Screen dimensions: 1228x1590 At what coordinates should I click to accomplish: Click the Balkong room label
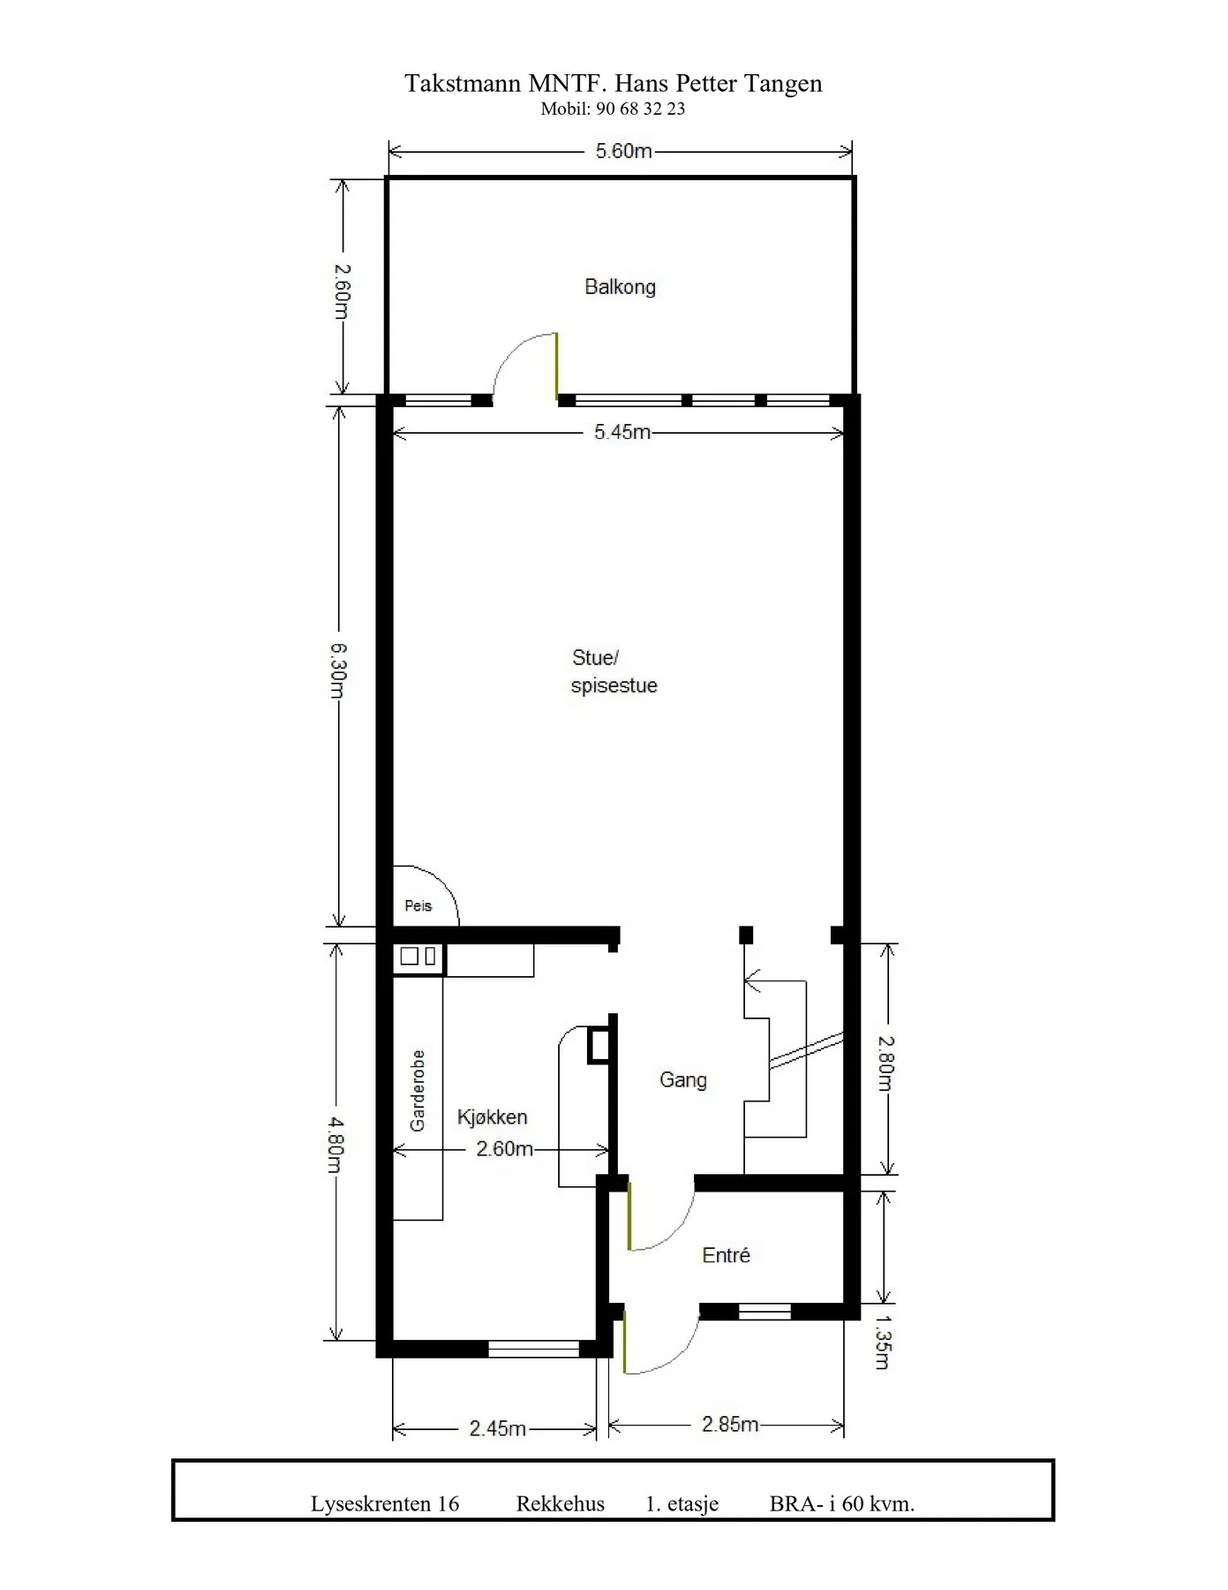click(x=620, y=287)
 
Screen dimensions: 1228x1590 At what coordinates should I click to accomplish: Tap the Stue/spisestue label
click(x=614, y=671)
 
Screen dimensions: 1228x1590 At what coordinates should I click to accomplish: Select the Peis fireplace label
click(x=418, y=905)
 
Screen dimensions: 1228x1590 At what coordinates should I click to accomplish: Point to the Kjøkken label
click(x=492, y=1117)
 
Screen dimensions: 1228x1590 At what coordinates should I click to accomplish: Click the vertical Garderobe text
click(x=418, y=1091)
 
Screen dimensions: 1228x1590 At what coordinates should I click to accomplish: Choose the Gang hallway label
click(x=683, y=1080)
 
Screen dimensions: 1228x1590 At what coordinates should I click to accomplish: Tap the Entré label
click(x=726, y=1255)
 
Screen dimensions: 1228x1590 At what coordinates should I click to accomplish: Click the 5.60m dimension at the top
click(x=623, y=151)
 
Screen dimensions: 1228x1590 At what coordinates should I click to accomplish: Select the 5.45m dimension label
click(x=622, y=432)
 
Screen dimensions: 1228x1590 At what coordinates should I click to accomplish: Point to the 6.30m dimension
click(x=338, y=670)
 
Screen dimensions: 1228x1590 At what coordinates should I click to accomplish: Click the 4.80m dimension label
click(x=336, y=1145)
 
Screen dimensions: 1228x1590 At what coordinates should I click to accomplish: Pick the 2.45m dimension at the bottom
click(x=498, y=1428)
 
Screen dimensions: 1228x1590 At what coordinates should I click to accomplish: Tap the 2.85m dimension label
click(x=730, y=1424)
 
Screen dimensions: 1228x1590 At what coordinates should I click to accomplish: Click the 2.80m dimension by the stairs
click(x=886, y=1064)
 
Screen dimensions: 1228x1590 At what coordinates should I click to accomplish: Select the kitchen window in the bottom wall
click(x=533, y=1349)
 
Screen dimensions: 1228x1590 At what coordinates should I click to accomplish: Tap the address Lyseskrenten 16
click(x=385, y=1503)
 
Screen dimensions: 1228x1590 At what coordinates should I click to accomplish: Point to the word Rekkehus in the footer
click(x=561, y=1503)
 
